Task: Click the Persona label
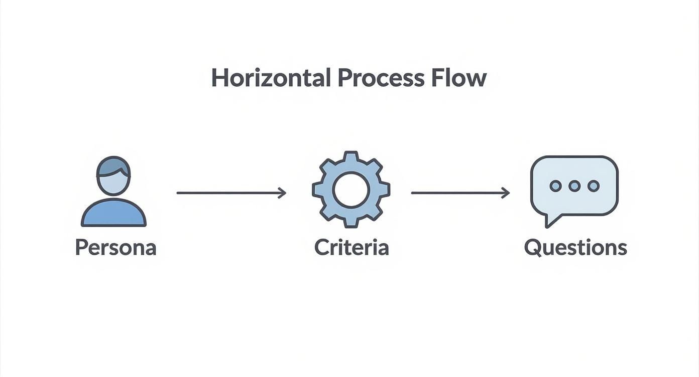coord(115,248)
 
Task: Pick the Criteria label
coord(352,248)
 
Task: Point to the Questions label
coord(575,248)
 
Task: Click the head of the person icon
coord(113,181)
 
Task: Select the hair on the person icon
coord(112,166)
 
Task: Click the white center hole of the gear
coord(351,190)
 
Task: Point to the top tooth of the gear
coord(351,156)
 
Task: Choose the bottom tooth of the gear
coord(351,223)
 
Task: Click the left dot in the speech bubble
coord(555,186)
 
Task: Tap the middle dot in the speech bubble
coord(574,186)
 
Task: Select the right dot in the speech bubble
coord(594,186)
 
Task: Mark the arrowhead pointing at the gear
coord(283,193)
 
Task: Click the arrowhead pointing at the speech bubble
coord(506,193)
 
